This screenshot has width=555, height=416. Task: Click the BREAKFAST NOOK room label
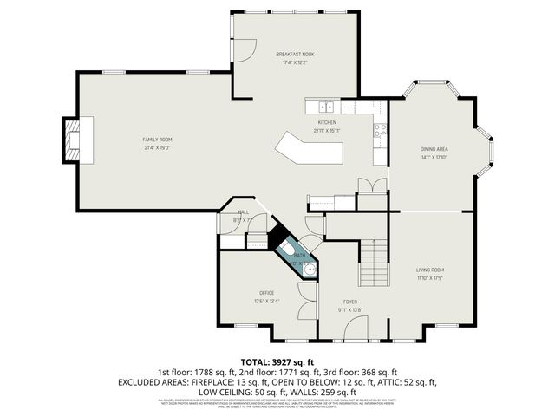pos(295,54)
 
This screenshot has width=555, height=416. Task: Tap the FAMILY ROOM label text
pos(158,140)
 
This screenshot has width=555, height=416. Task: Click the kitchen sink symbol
pos(326,107)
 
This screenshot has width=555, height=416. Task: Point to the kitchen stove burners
pos(379,131)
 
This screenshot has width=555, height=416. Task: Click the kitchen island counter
pos(308,150)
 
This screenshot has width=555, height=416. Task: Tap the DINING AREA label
pos(433,149)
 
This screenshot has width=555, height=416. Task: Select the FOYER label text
pos(349,301)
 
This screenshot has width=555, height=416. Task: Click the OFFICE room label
pos(267,293)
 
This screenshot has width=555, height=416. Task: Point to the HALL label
pos(244,212)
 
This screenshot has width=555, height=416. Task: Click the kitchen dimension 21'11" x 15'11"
pos(327,131)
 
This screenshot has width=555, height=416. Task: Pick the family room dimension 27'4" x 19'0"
pos(158,147)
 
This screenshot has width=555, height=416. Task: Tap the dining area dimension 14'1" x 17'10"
pos(433,157)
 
